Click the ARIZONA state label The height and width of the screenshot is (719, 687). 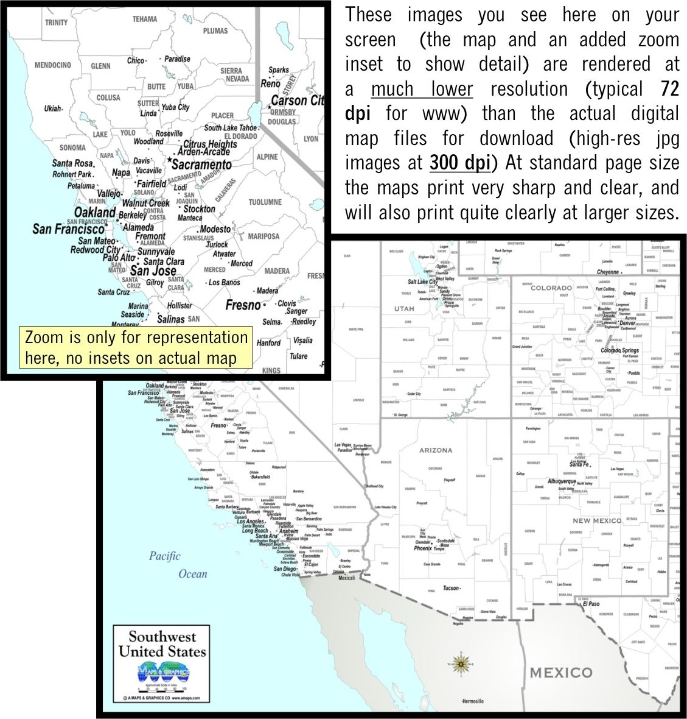point(436,450)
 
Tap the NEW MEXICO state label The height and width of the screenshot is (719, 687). point(597,520)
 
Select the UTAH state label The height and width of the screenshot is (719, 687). point(404,308)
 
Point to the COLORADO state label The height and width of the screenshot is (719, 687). point(551,288)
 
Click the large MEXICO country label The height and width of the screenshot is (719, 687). point(560,673)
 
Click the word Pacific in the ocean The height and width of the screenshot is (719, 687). point(165,556)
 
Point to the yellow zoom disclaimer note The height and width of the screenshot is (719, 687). point(136,347)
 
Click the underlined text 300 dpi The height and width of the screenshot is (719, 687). point(459,163)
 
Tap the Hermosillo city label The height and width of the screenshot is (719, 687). point(472,701)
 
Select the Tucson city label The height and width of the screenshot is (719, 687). point(451,588)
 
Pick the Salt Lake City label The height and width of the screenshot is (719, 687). point(422,282)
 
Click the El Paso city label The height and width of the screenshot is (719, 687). point(591,604)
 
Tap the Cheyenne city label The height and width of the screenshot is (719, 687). point(607,272)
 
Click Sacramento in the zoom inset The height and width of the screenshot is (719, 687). point(201,165)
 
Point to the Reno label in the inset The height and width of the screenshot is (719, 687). point(270,83)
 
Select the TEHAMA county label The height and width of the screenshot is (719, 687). point(145,19)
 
